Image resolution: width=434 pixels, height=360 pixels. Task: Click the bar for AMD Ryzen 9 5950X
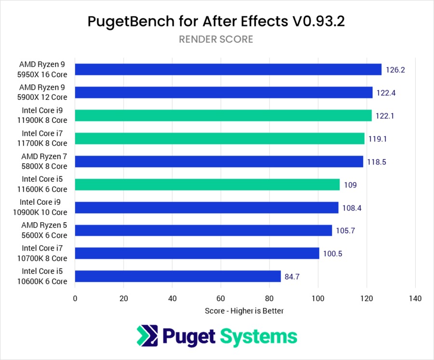click(228, 69)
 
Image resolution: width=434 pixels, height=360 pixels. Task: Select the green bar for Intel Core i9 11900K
click(223, 116)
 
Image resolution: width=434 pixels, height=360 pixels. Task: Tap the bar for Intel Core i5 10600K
click(178, 276)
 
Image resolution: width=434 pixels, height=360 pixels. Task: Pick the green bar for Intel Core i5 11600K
click(207, 185)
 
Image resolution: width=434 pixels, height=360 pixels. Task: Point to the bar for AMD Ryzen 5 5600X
click(203, 230)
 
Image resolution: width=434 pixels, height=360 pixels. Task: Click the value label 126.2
click(395, 70)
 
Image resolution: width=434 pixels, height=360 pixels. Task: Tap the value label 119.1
click(378, 139)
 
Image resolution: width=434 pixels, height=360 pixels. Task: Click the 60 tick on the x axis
click(221, 298)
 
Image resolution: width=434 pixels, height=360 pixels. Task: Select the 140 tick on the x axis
click(415, 298)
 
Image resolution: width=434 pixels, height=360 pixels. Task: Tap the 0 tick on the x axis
click(75, 298)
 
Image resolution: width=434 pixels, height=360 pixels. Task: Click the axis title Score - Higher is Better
click(244, 311)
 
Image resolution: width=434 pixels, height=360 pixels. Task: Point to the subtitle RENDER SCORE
click(216, 40)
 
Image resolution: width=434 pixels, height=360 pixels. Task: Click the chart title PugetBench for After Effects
click(216, 22)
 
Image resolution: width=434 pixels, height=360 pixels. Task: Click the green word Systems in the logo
click(258, 336)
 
